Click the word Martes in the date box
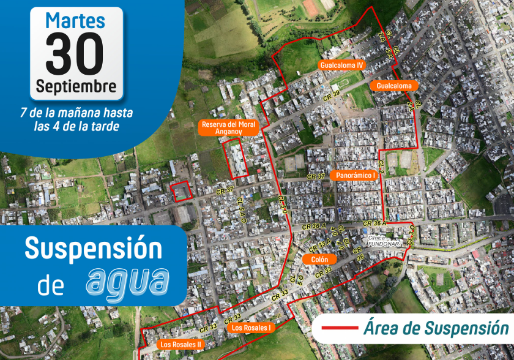76,20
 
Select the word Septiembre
76,86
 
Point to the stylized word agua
127,281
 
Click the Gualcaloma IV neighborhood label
341,65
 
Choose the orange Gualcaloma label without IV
394,86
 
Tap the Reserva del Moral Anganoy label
229,127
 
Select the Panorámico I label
356,175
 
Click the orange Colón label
319,260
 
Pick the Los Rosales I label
251,328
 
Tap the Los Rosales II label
181,345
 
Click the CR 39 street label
332,96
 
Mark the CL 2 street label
380,167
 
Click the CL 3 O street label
411,233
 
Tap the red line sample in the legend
339,329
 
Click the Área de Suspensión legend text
436,329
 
